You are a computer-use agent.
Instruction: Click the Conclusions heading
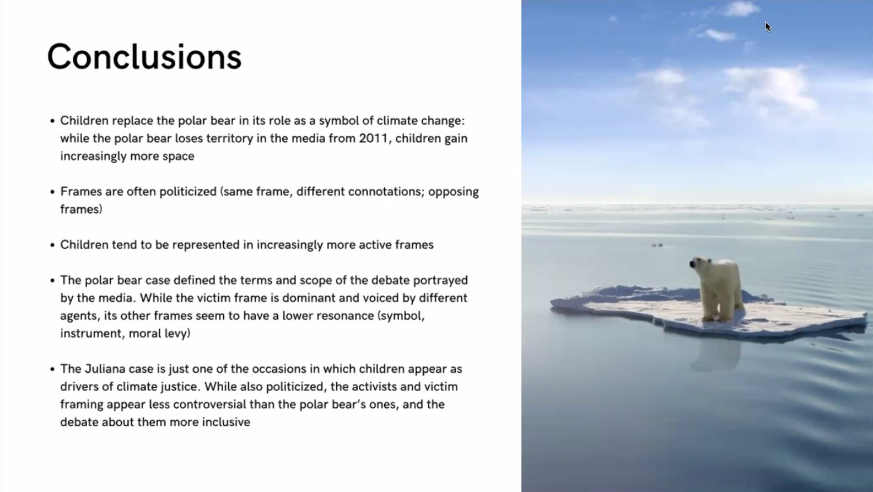144,57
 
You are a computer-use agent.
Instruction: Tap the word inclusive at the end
226,422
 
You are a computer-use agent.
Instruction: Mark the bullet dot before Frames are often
52,192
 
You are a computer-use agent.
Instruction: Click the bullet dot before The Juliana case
52,369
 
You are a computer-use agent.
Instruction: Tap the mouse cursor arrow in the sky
768,27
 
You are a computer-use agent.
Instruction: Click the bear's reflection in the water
716,355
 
